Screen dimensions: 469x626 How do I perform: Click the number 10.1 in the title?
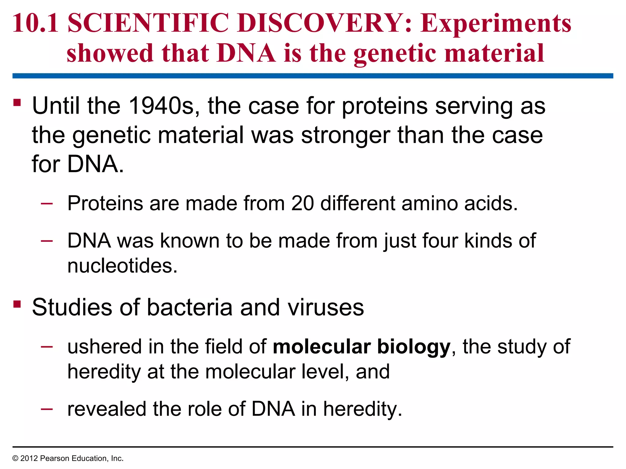[x=35, y=23]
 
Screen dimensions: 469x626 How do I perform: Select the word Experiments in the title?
[x=495, y=24]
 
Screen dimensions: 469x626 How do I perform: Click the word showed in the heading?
[x=110, y=53]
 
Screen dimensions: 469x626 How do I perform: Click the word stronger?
[x=346, y=135]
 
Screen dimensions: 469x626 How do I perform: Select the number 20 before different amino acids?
[x=302, y=203]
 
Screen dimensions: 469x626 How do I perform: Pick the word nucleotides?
[x=122, y=266]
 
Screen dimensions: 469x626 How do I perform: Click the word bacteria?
[x=190, y=307]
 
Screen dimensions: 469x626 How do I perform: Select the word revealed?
[x=107, y=409]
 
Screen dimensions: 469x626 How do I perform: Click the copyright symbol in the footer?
[x=15, y=458]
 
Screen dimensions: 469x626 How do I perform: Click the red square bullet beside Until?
[x=17, y=102]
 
